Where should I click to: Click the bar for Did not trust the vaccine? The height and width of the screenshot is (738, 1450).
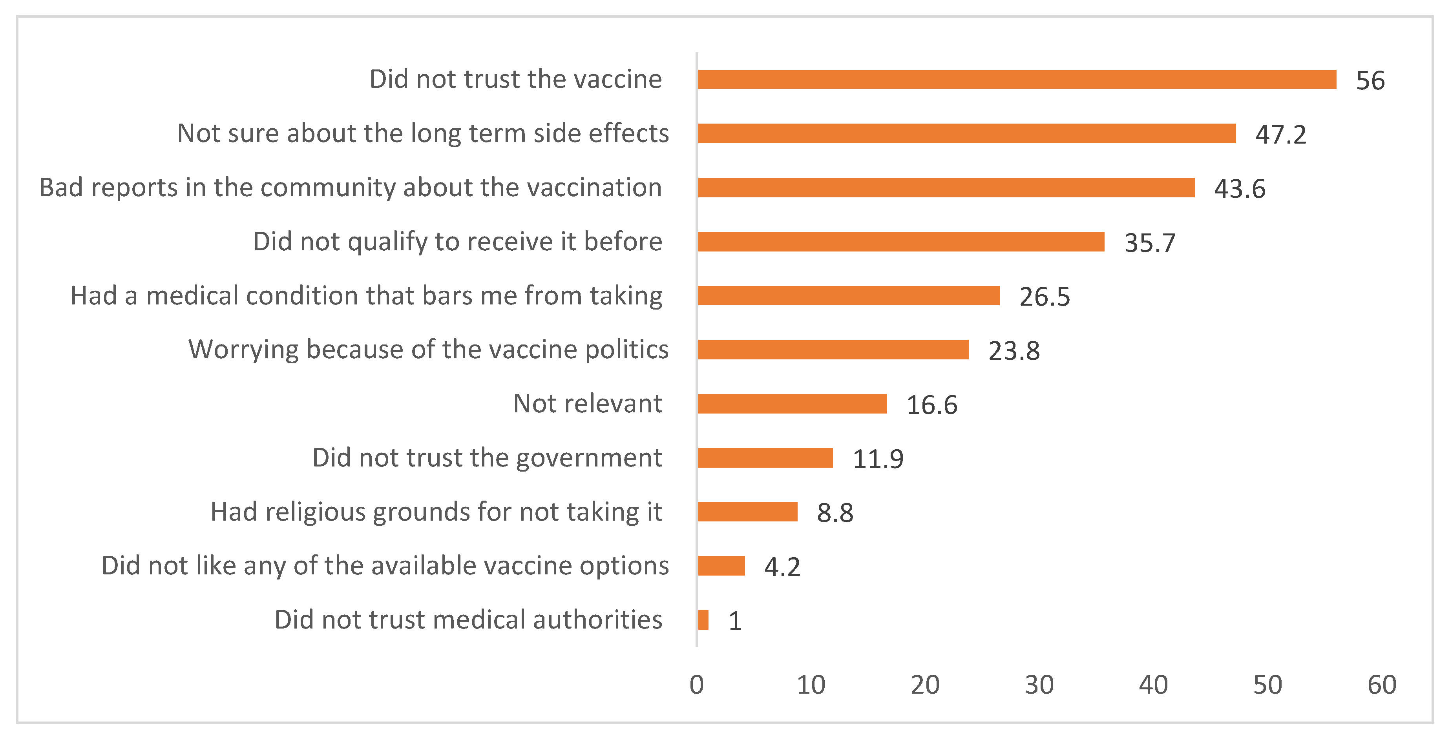coord(1017,79)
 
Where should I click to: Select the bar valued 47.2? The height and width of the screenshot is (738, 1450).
coord(966,133)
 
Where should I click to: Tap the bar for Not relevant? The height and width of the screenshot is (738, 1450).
coord(792,404)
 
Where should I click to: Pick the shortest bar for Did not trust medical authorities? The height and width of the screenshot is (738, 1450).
coord(703,620)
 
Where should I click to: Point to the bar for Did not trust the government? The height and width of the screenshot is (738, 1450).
coord(765,458)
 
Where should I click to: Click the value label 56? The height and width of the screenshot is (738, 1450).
coord(1370,80)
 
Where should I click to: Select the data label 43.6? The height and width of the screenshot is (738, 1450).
coord(1240,188)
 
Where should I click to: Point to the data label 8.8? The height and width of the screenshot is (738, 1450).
coord(835,512)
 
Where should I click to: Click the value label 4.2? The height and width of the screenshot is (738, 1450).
coord(782,567)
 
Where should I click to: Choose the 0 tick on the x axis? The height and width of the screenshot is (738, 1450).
coord(696,685)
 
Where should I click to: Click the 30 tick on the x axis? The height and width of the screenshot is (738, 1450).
coord(1039,685)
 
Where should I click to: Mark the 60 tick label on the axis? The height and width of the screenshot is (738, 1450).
coord(1381,685)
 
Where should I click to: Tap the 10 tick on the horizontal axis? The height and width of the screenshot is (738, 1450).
coord(811,685)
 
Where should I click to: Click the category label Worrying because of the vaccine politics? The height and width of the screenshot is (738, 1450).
coord(428,349)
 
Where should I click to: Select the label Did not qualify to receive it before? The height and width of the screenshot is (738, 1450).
coord(457,241)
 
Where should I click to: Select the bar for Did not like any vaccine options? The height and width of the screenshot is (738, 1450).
coord(721,566)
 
